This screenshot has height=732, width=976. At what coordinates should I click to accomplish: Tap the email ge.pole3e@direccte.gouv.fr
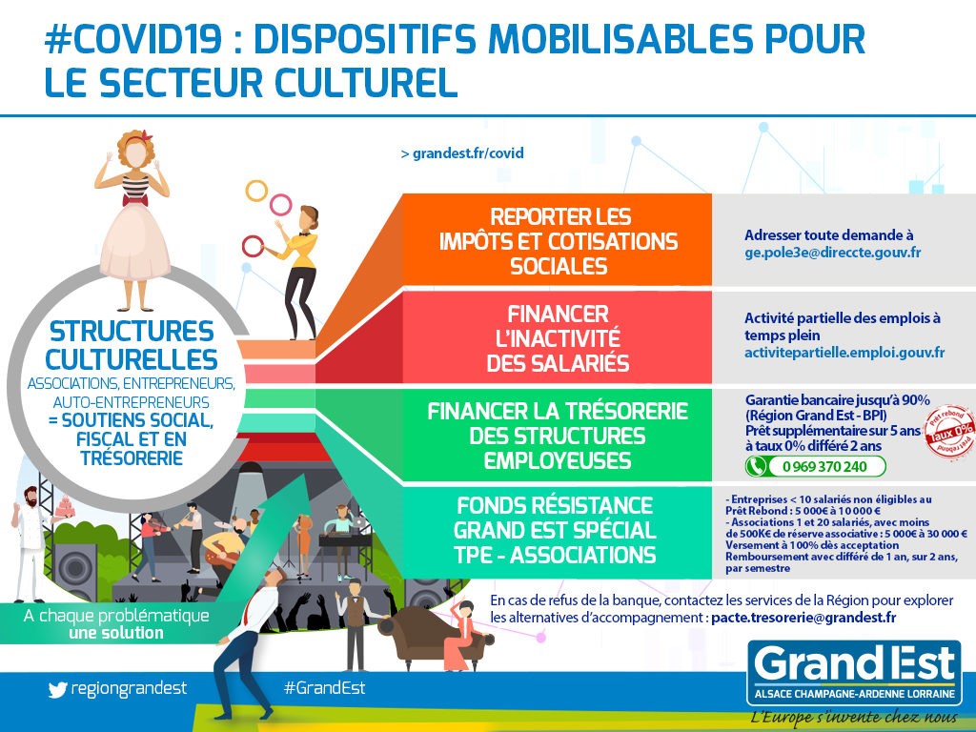coord(833,252)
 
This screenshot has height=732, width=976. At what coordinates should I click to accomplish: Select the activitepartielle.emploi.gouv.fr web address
coord(844,353)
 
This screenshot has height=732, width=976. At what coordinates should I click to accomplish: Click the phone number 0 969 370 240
coord(824,466)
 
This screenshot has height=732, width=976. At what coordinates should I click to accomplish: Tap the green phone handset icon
coord(756,466)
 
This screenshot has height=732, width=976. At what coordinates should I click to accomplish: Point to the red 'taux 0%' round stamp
coord(950,432)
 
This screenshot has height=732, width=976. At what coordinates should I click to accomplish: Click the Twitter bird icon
coord(57,689)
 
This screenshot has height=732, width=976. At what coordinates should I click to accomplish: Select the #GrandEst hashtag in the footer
coord(324,688)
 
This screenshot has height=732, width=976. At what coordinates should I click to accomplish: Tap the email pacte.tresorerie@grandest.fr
coord(803,618)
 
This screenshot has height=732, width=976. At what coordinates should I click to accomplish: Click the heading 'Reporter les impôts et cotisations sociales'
coord(559,241)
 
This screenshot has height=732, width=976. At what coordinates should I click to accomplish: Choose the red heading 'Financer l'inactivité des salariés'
coord(558,338)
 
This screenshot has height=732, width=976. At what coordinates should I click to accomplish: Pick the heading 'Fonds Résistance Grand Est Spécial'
coord(554,518)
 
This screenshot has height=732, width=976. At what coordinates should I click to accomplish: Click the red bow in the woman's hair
coord(146,135)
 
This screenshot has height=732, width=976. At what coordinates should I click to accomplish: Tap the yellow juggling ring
coord(256,191)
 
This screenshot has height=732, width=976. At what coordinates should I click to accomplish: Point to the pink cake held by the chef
coord(65,507)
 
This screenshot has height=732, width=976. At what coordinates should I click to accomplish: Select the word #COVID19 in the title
coord(132,39)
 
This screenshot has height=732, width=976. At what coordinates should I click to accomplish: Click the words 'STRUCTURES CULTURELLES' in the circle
coord(132,345)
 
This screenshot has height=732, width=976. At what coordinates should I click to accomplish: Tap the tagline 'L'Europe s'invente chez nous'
coord(854,718)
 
